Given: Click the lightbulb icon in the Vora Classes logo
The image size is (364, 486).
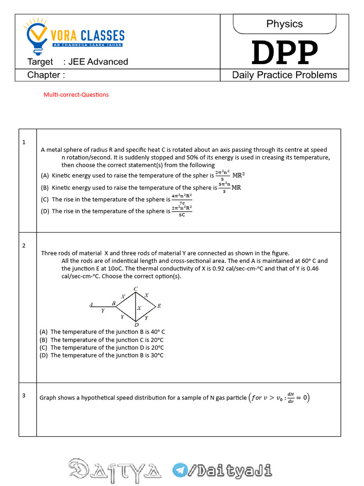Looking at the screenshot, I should [36, 36].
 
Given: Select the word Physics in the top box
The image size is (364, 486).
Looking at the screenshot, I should [284, 24].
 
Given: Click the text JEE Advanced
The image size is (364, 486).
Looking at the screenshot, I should [98, 62].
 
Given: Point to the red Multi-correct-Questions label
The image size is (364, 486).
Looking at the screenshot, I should [76, 94].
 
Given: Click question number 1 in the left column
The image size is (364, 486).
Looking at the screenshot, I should [24, 142].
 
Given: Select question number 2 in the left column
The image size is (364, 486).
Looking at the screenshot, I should [24, 245].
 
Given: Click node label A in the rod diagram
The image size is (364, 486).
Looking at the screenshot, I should [91, 304].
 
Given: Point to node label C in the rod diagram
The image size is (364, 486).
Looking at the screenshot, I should [136, 289].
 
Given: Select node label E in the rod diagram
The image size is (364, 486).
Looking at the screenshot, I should [159, 306].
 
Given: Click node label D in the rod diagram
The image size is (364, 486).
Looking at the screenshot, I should [136, 325].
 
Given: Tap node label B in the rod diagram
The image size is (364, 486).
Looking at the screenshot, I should [113, 303].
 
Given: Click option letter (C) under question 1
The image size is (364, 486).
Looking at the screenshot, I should [45, 199].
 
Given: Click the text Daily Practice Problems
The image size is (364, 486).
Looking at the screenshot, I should [284, 75].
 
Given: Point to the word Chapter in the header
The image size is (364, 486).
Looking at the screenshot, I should [44, 75].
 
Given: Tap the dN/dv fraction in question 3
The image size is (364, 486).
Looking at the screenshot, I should [291, 398].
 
